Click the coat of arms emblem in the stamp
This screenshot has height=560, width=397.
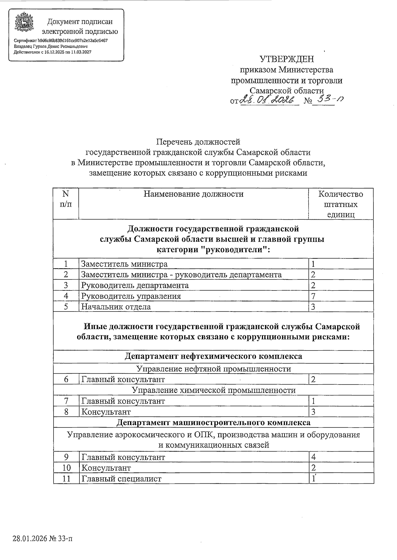tap(24, 23)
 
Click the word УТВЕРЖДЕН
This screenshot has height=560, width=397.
tap(287, 59)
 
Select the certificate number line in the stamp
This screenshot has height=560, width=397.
tap(61, 41)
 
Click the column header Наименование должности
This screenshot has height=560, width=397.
tap(193, 194)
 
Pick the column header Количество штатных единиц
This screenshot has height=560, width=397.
tap(340, 204)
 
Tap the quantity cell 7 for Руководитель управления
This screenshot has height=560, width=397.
tap(313, 296)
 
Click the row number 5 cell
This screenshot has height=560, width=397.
tap(66, 307)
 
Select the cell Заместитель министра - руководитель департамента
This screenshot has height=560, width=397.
tap(181, 275)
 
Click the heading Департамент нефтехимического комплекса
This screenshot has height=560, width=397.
tap(213, 356)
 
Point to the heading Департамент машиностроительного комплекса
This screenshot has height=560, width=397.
tap(213, 423)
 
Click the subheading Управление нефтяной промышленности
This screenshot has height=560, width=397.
tap(213, 369)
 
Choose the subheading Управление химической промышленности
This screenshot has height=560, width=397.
tap(213, 390)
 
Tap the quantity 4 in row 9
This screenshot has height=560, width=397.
tap(313, 457)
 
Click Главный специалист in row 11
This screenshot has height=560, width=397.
tap(121, 478)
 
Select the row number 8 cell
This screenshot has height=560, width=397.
tap(66, 412)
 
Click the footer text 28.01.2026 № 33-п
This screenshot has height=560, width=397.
tap(42, 539)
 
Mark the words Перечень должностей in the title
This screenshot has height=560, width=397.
tap(198, 142)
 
